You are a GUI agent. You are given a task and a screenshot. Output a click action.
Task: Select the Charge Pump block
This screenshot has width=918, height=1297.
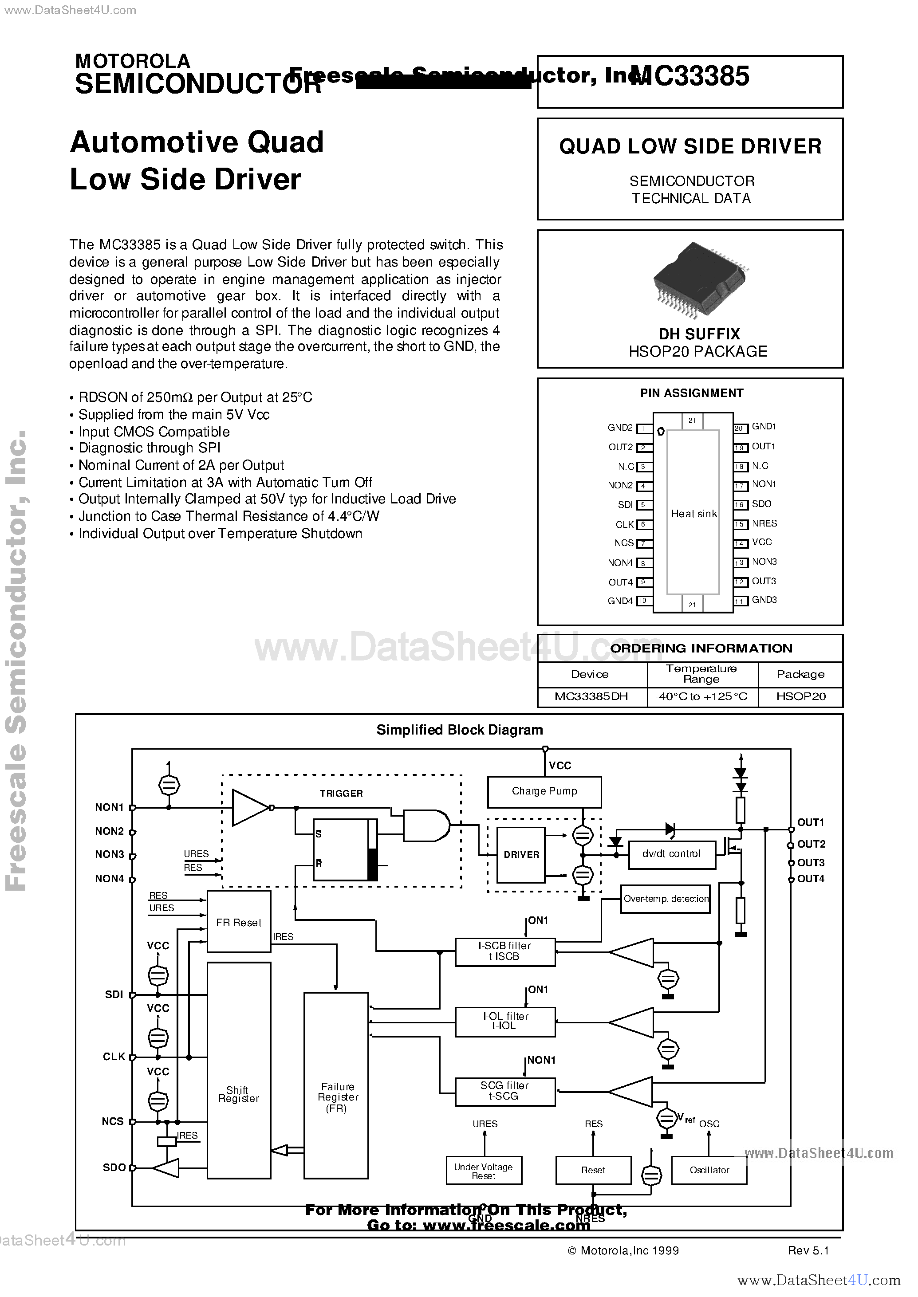(x=544, y=791)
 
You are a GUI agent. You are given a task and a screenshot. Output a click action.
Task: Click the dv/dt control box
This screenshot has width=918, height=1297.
(x=672, y=854)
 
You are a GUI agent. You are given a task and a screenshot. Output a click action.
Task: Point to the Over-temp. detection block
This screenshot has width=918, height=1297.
(x=666, y=899)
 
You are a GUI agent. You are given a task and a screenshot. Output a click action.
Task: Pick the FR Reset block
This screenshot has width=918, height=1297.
(x=239, y=922)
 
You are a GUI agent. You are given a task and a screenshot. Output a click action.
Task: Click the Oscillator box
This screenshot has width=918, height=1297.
(x=709, y=1170)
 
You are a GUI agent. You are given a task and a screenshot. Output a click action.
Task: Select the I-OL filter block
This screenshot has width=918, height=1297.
(x=505, y=1021)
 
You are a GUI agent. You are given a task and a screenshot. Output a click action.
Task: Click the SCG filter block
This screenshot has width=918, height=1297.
(x=505, y=1090)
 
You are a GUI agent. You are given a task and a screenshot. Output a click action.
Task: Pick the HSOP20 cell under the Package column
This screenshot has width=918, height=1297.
(x=800, y=696)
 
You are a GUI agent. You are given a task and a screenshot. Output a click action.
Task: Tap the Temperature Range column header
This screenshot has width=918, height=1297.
(x=701, y=674)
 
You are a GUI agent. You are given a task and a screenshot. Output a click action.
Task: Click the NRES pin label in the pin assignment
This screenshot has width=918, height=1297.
(x=764, y=523)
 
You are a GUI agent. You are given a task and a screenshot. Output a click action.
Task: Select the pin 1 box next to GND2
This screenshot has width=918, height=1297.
(x=643, y=429)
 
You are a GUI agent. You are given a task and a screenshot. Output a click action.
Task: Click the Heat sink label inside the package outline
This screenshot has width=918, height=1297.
(x=693, y=514)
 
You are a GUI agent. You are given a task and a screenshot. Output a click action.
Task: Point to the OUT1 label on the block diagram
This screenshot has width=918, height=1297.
(x=810, y=822)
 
